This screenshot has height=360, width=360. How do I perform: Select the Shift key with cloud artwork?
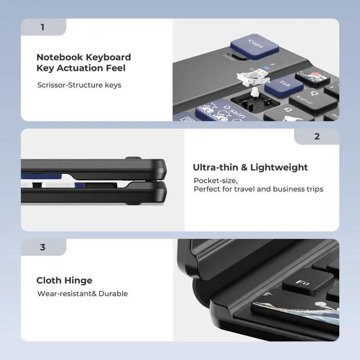coord(226,111)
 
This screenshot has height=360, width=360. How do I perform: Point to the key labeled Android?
coord(310,101)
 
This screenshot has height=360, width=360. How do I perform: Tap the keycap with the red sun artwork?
coord(312,78)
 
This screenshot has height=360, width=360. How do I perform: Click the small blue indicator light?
coord(266,67)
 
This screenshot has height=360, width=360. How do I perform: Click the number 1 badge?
coord(43,27)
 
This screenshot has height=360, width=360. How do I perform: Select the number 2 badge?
coord(317,137)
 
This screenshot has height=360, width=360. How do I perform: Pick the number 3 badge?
coord(43,247)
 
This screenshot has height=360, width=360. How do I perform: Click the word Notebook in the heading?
coord(60,57)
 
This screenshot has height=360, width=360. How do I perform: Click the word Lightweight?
coord(279,168)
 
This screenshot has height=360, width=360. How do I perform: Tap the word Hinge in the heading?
coord(78,281)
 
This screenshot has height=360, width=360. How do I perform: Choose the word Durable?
coord(113,294)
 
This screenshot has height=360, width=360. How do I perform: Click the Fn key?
coord(307,282)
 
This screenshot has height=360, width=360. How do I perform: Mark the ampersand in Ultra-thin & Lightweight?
coord(244,168)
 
